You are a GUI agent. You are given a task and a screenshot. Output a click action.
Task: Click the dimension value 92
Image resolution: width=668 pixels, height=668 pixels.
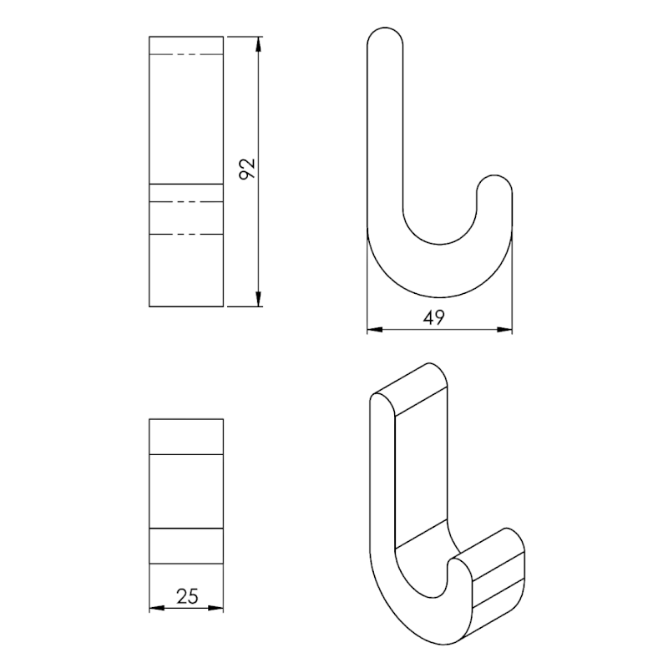pyautogui.click(x=246, y=169)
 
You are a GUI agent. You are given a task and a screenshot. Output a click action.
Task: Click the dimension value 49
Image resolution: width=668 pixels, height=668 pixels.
pyautogui.click(x=433, y=317)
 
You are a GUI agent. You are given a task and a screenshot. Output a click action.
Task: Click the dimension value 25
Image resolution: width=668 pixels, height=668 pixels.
pyautogui.click(x=187, y=596)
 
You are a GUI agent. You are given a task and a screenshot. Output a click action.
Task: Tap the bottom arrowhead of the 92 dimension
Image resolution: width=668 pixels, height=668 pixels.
pyautogui.click(x=258, y=299)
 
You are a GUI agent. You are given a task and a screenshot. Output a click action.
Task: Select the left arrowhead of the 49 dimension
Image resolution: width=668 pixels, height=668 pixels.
pyautogui.click(x=375, y=329)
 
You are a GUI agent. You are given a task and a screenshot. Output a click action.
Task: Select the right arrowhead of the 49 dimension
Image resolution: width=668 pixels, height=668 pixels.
pyautogui.click(x=504, y=329)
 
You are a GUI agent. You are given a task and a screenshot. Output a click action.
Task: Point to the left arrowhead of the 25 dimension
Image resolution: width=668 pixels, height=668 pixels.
pyautogui.click(x=157, y=608)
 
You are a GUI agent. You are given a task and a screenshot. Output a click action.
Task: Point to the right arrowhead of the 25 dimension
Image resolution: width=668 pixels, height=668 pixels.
pyautogui.click(x=215, y=608)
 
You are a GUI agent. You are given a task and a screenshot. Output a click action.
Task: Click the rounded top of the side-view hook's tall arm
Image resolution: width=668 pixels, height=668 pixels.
pyautogui.click(x=385, y=28)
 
